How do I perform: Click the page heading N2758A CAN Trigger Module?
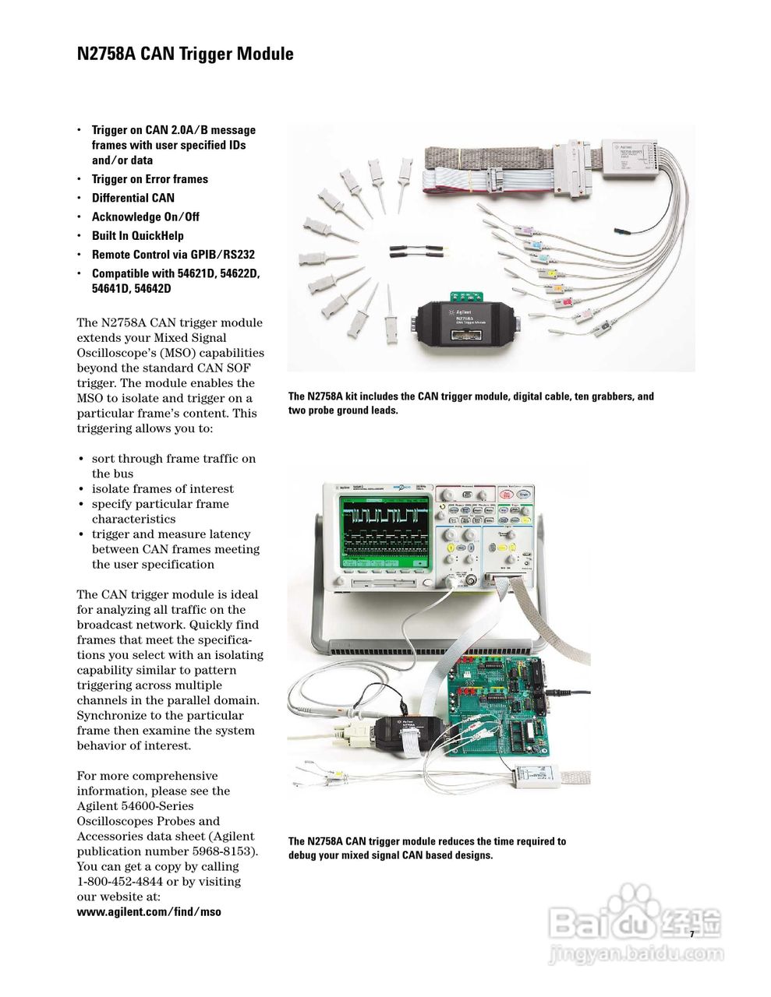[x=185, y=54]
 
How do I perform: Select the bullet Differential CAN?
[x=133, y=198]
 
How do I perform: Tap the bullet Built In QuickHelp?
[x=137, y=235]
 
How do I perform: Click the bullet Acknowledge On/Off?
[x=145, y=217]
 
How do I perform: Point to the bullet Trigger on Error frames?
[x=150, y=179]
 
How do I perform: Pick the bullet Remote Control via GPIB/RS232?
[x=173, y=254]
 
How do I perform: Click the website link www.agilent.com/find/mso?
[x=149, y=911]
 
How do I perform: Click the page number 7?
[x=691, y=934]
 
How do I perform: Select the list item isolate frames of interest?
[x=162, y=489]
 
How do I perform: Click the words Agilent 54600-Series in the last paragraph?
[x=135, y=806]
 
